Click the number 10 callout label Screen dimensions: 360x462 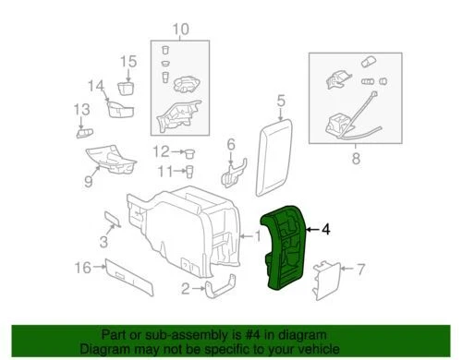pos(177,30)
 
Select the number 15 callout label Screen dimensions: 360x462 pos(128,61)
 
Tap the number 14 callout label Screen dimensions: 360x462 pos(97,87)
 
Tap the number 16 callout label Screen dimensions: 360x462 pos(81,268)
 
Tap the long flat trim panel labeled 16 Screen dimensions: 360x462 pos(130,271)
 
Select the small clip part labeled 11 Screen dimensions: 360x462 pos(189,170)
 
